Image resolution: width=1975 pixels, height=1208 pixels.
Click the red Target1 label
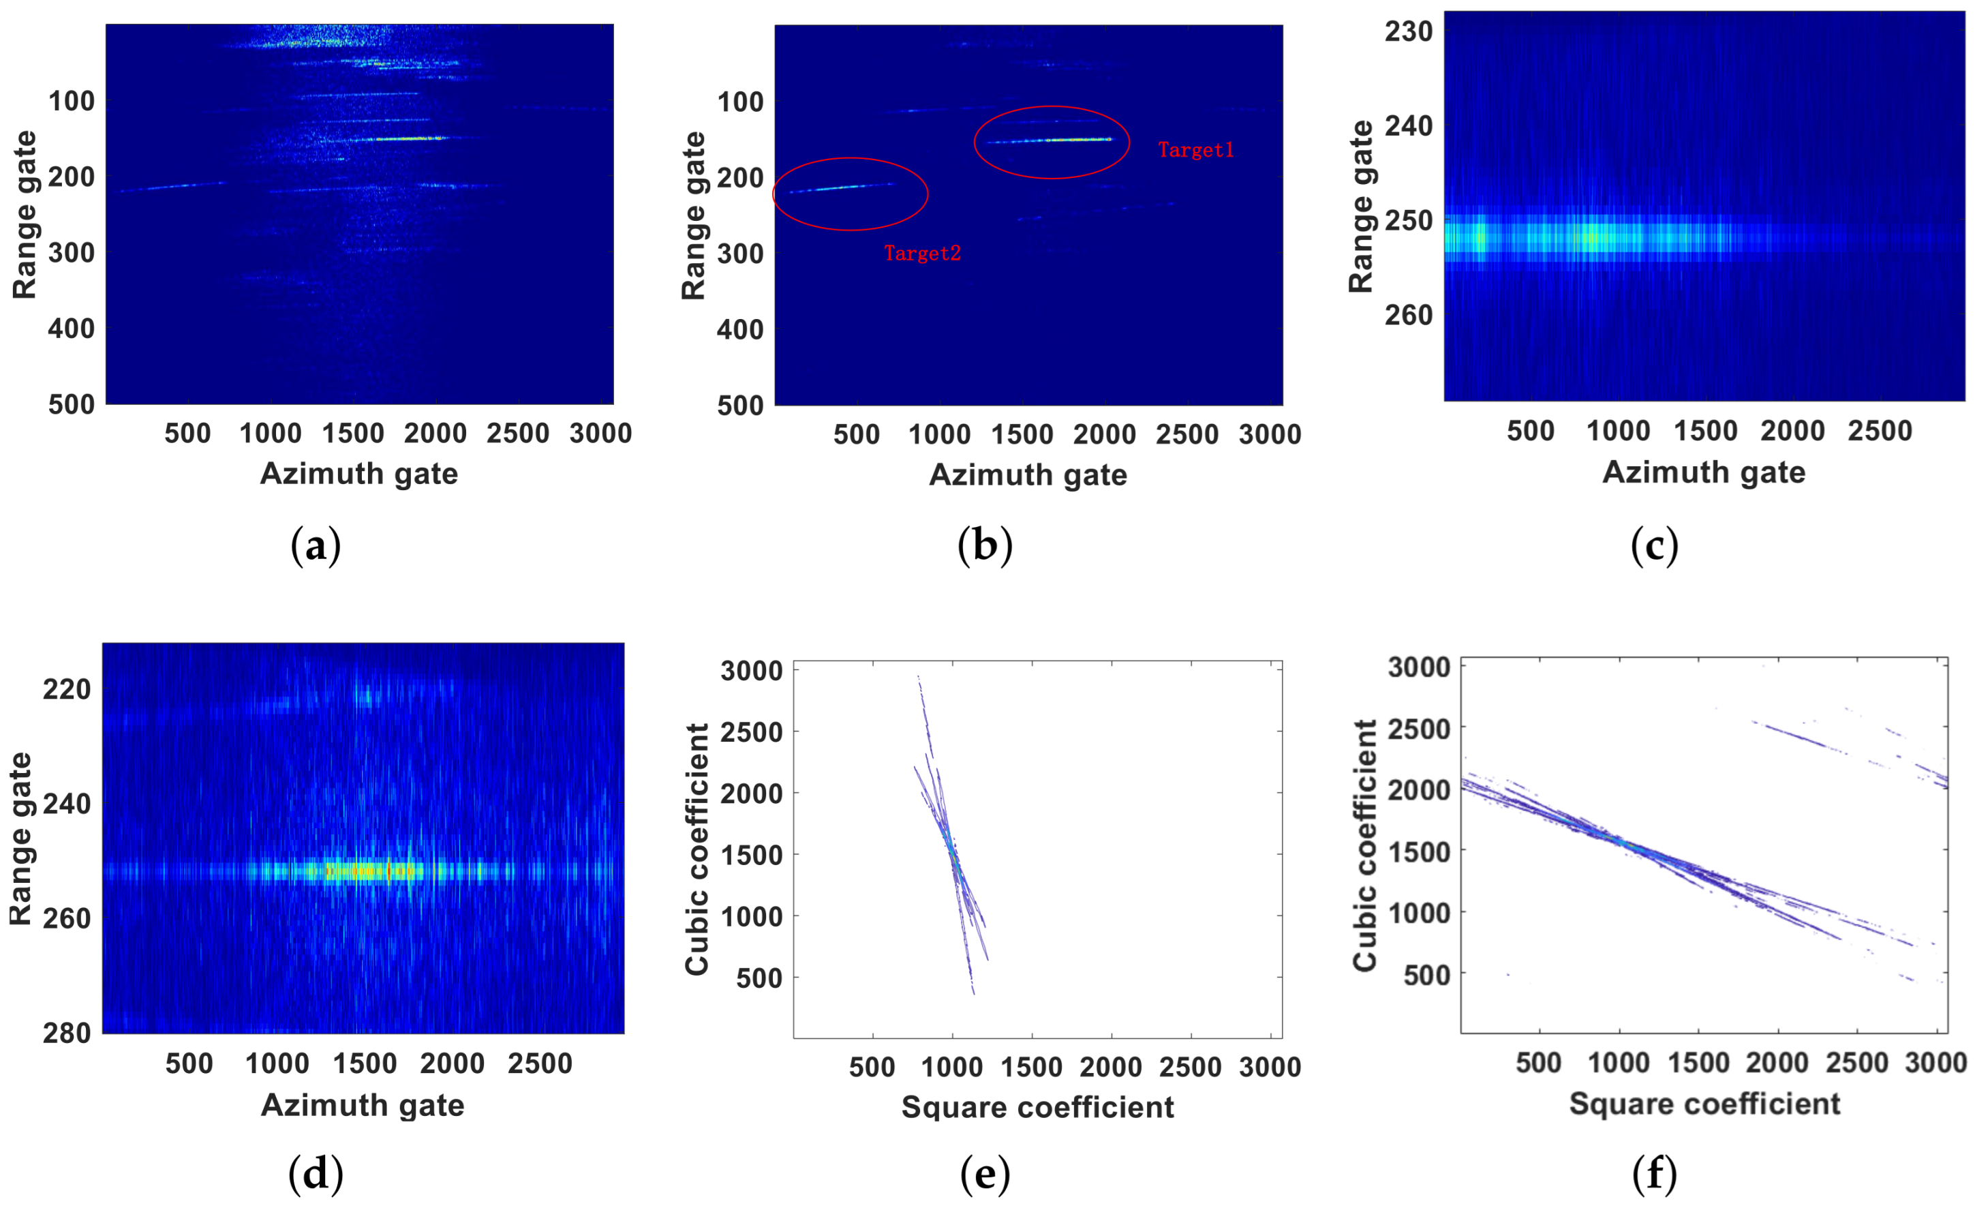[x=1195, y=150]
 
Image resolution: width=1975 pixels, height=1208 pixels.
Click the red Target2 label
[x=922, y=254]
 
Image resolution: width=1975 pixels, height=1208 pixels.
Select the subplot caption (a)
[x=315, y=546]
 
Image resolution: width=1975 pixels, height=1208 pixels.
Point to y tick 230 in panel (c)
[x=1408, y=31]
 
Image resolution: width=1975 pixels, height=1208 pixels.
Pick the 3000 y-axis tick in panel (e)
[x=751, y=670]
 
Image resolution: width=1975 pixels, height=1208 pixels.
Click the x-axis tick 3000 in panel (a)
[x=600, y=434]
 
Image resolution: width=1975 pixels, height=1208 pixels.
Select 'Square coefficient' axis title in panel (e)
[x=1037, y=1107]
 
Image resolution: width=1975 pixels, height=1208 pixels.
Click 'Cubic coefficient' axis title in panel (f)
[x=1364, y=846]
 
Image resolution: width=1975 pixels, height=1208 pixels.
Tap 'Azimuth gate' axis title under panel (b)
[x=1028, y=475]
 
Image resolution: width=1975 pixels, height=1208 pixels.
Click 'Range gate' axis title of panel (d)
[x=20, y=839]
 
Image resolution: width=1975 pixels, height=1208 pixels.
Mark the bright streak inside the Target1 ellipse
[x=1066, y=140]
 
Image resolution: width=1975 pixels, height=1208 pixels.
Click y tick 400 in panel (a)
[x=72, y=328]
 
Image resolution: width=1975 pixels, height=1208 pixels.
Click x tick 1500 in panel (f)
[x=1698, y=1063]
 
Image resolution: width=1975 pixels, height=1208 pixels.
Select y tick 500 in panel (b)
[x=740, y=405]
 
